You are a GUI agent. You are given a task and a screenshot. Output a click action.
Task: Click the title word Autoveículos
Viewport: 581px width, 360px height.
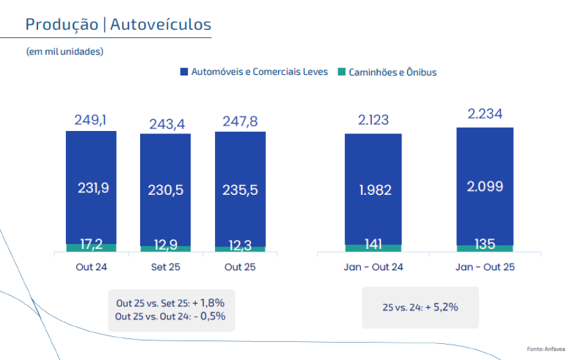pos(161,25)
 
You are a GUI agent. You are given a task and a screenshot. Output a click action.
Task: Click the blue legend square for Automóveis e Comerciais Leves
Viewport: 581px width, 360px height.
pos(184,72)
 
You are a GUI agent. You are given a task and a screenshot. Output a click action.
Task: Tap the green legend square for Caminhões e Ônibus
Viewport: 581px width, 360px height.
pos(342,72)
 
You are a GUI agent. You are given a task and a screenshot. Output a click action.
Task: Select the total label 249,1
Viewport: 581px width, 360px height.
pos(91,120)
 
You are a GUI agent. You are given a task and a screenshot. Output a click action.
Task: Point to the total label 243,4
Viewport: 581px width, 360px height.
pos(166,124)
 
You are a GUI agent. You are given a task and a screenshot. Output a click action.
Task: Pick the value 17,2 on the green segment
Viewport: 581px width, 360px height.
pos(91,245)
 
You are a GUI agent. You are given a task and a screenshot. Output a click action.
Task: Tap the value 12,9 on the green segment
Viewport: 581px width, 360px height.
pos(166,246)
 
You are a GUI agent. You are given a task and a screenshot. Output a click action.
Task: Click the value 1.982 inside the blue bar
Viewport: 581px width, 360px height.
pos(373,190)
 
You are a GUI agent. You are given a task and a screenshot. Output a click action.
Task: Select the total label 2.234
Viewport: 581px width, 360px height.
pos(485,115)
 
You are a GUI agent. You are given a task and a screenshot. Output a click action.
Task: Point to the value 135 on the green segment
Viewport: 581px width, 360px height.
pos(485,245)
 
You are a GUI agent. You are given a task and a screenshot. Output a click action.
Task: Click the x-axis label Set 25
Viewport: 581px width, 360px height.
pos(166,268)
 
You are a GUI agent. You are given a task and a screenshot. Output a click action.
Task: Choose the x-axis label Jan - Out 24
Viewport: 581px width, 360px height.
pos(373,268)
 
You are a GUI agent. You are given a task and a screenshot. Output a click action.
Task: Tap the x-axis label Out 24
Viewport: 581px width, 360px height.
pos(91,268)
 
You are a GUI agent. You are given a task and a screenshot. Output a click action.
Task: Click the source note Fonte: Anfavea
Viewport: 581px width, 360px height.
pos(545,349)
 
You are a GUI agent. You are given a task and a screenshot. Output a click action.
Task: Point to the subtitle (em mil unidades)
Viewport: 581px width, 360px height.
pos(65,51)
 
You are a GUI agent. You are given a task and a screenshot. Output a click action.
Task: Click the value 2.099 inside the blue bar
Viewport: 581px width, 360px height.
pos(485,187)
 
